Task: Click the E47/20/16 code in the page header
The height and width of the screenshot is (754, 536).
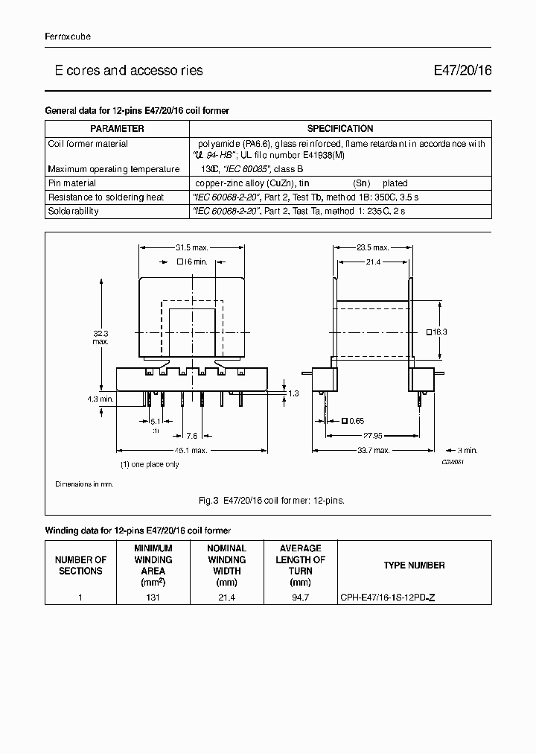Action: pyautogui.click(x=462, y=71)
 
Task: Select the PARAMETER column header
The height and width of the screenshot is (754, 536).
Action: pyautogui.click(x=117, y=129)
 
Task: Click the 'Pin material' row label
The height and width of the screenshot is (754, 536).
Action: pyautogui.click(x=71, y=183)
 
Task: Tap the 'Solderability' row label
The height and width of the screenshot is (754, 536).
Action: pyautogui.click(x=73, y=211)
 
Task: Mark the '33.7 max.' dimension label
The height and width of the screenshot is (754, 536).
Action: pyautogui.click(x=372, y=450)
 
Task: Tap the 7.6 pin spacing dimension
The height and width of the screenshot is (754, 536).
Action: pyautogui.click(x=191, y=435)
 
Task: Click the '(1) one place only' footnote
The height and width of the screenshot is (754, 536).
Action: pyautogui.click(x=150, y=464)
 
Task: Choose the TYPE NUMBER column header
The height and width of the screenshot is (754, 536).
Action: pyautogui.click(x=414, y=565)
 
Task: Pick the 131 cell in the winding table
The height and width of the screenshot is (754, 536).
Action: pyautogui.click(x=153, y=597)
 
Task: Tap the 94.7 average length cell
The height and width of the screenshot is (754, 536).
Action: pyautogui.click(x=300, y=597)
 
